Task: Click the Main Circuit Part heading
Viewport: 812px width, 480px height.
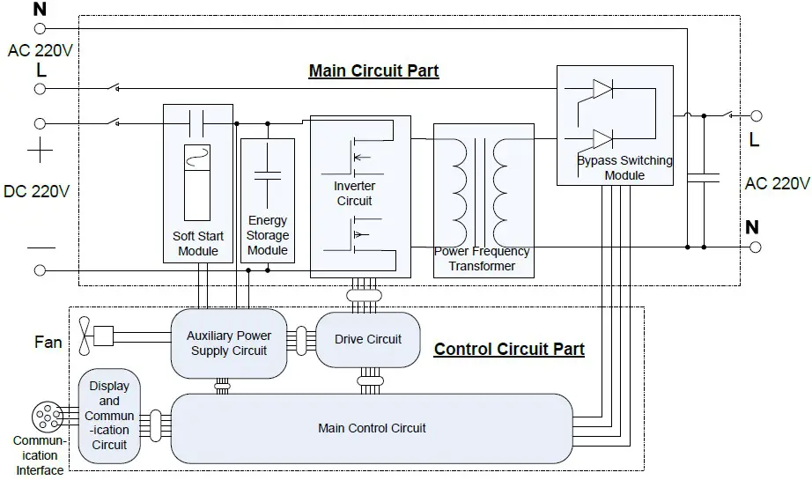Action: (373, 71)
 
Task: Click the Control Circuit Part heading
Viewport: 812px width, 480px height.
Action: (509, 350)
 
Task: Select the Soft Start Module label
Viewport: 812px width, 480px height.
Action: (197, 243)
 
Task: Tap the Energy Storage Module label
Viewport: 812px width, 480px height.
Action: (268, 235)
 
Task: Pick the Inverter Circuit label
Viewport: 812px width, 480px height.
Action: (354, 194)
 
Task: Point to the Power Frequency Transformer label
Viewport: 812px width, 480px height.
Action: (483, 258)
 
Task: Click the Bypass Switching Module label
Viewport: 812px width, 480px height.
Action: (624, 167)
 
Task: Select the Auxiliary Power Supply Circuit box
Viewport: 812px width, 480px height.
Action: (229, 343)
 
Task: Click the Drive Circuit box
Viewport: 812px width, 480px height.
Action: (368, 339)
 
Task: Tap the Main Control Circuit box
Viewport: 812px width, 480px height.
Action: (372, 428)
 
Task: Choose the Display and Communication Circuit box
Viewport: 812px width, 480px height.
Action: (109, 416)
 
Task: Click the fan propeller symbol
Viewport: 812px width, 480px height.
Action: (85, 335)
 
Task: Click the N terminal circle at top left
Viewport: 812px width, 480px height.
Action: (40, 28)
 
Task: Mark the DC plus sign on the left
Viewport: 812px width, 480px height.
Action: (40, 151)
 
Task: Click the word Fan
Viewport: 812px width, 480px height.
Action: (48, 341)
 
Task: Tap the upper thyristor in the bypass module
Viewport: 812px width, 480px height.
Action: (602, 89)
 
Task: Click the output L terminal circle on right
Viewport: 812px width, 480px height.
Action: (755, 115)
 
